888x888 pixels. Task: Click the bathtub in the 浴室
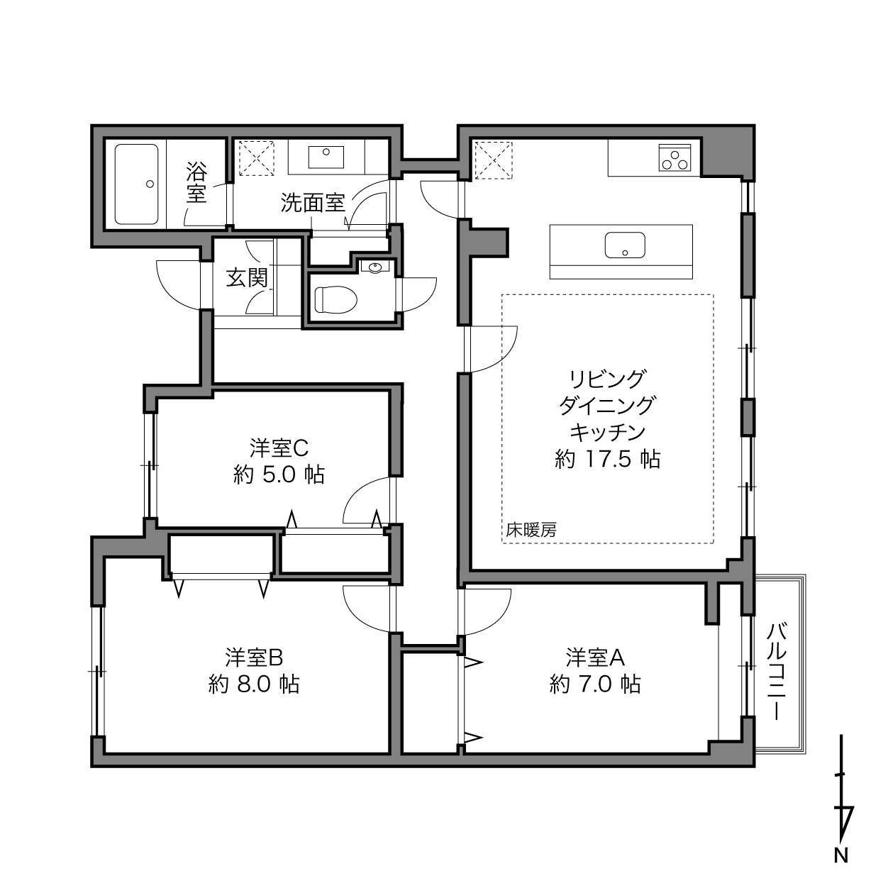click(136, 184)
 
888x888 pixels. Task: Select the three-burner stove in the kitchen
click(675, 157)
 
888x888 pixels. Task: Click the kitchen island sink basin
click(625, 245)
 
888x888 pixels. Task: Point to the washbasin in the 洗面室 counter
click(326, 157)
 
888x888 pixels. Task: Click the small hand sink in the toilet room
click(376, 267)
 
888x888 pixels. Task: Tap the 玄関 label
click(247, 278)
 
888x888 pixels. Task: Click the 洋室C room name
click(279, 448)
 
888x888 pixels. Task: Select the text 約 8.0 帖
click(254, 684)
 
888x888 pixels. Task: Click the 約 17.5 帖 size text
click(608, 459)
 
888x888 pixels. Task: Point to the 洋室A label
click(595, 657)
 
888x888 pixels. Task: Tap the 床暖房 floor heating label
click(531, 531)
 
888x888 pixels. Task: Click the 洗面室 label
click(313, 203)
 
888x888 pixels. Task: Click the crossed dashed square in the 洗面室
click(256, 159)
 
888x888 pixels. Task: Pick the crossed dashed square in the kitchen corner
click(494, 160)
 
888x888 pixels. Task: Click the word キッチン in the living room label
click(608, 432)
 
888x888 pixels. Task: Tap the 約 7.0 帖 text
click(595, 684)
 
